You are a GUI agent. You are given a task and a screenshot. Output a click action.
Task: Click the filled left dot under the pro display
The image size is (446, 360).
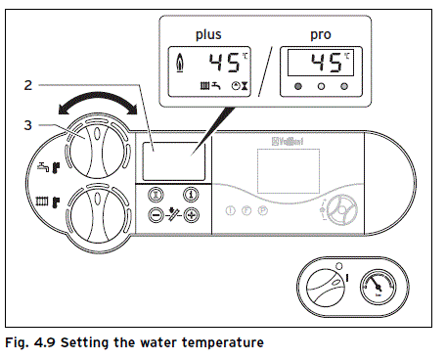point(296,89)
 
